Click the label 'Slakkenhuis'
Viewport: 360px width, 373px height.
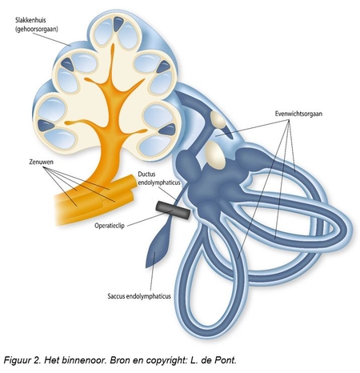(30, 21)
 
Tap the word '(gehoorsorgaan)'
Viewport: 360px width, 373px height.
(37, 29)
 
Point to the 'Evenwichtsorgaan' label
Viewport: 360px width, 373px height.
(298, 114)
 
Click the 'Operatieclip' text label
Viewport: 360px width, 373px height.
(110, 226)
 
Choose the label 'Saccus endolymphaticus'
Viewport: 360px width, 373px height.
(139, 296)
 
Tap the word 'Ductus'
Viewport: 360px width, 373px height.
(146, 174)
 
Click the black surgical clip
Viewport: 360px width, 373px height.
(174, 211)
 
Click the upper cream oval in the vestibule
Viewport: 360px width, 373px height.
(218, 119)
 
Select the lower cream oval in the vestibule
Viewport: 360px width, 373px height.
(215, 155)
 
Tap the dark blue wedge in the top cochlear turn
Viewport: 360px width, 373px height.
(118, 24)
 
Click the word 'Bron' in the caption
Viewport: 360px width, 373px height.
(120, 360)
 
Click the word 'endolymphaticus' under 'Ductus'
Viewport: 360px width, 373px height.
(159, 183)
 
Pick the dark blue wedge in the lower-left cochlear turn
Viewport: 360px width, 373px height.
(46, 125)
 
